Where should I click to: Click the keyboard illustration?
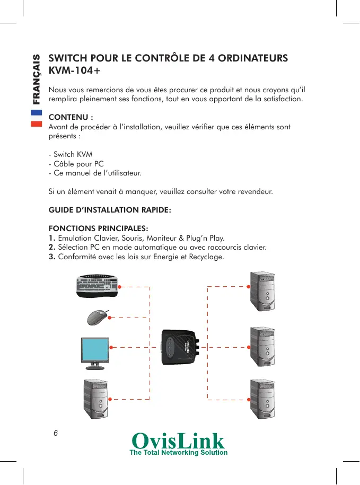[98, 287]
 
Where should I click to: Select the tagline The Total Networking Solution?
[179, 453]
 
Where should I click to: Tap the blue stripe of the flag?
[36, 112]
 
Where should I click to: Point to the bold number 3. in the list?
[52, 257]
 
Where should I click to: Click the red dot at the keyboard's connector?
[119, 287]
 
